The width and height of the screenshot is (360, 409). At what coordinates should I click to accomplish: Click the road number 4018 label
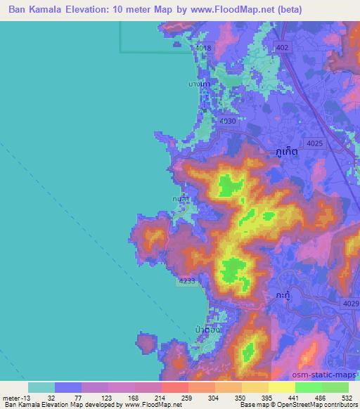click(x=204, y=48)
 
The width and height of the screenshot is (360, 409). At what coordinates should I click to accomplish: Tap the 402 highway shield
click(x=283, y=47)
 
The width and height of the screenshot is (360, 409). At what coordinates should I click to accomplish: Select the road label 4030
click(x=228, y=122)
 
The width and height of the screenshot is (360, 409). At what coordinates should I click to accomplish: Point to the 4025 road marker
click(x=315, y=143)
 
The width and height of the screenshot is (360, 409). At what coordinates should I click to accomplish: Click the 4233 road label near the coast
click(x=187, y=280)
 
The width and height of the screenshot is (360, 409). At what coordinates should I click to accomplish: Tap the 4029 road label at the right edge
click(x=352, y=302)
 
